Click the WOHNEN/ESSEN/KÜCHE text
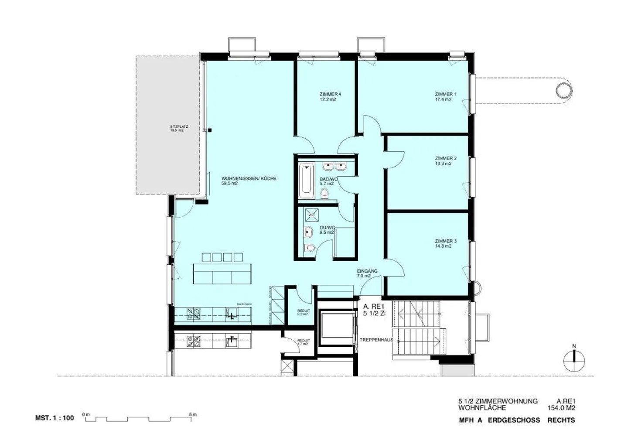pos(249,179)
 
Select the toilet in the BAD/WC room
pos(324,193)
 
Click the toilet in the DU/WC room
pos(310,248)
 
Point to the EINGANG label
pos(367,271)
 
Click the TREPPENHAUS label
pos(376,340)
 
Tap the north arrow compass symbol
pos(574,360)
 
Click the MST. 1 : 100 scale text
pos(55,418)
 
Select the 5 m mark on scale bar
pos(192,414)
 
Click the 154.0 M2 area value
pos(561,408)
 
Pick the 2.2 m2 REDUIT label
pos(303,312)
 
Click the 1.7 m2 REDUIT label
pos(303,342)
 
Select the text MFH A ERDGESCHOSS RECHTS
pos(517,420)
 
